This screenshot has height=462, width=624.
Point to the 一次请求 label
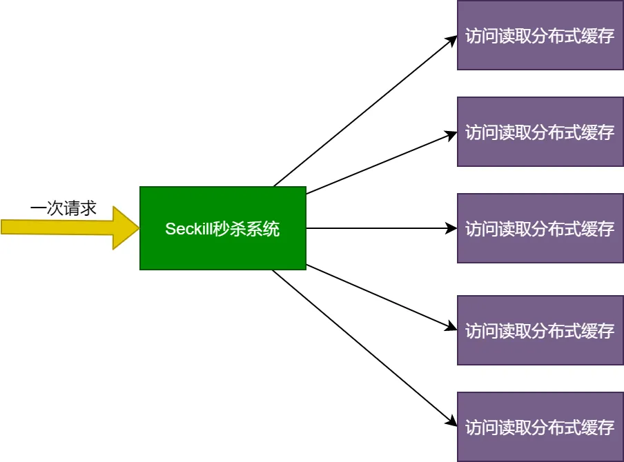(x=64, y=208)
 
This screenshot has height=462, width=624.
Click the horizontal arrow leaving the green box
(x=380, y=228)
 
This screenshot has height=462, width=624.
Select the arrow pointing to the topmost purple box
(x=366, y=111)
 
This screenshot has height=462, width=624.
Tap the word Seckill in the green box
(x=187, y=229)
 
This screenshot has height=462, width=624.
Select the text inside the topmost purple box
(x=540, y=36)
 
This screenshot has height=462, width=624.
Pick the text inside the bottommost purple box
(x=540, y=428)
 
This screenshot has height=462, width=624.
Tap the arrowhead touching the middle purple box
(x=452, y=228)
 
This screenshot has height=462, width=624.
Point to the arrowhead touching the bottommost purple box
(x=452, y=421)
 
